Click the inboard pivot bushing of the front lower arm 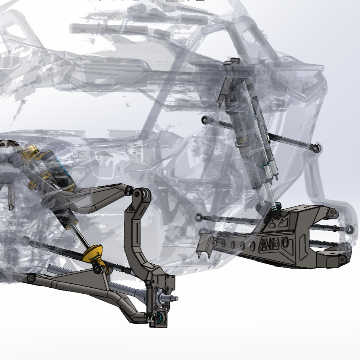pos(31,278)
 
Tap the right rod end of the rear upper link pos(317,148)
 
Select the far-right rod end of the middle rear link pos(349,230)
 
